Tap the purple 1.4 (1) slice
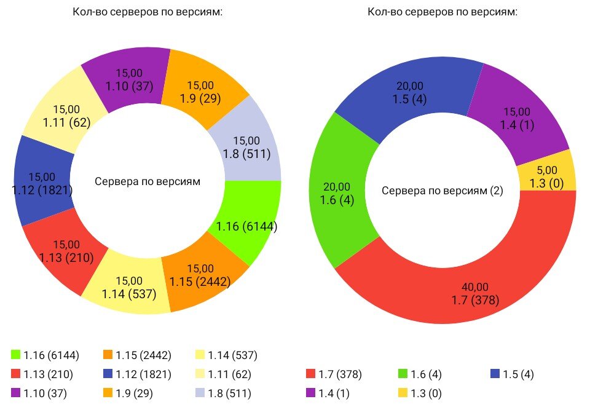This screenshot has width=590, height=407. [x=519, y=117]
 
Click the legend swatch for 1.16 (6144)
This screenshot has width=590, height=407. [x=16, y=355]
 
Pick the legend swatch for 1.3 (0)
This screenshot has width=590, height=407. [x=403, y=392]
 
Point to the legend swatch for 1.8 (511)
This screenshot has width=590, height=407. [x=200, y=392]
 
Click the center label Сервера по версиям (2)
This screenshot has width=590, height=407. [x=442, y=191]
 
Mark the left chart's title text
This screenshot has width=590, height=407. [x=147, y=13]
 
